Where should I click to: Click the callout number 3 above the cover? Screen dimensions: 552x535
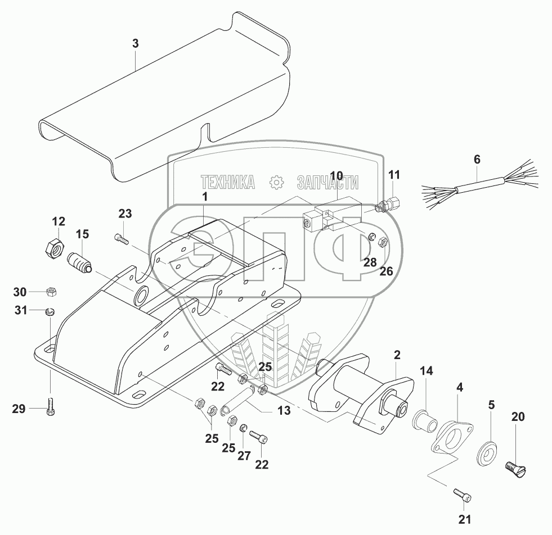[x=135, y=43]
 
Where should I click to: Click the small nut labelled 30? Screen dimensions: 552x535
[x=50, y=292]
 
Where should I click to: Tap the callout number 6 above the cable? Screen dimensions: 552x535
[x=477, y=159]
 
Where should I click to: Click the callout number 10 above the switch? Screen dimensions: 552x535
[x=336, y=175]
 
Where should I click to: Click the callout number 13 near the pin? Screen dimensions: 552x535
[x=284, y=410]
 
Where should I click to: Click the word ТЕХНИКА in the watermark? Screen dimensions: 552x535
[x=228, y=182]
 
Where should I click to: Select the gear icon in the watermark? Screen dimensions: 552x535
[x=276, y=182]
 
